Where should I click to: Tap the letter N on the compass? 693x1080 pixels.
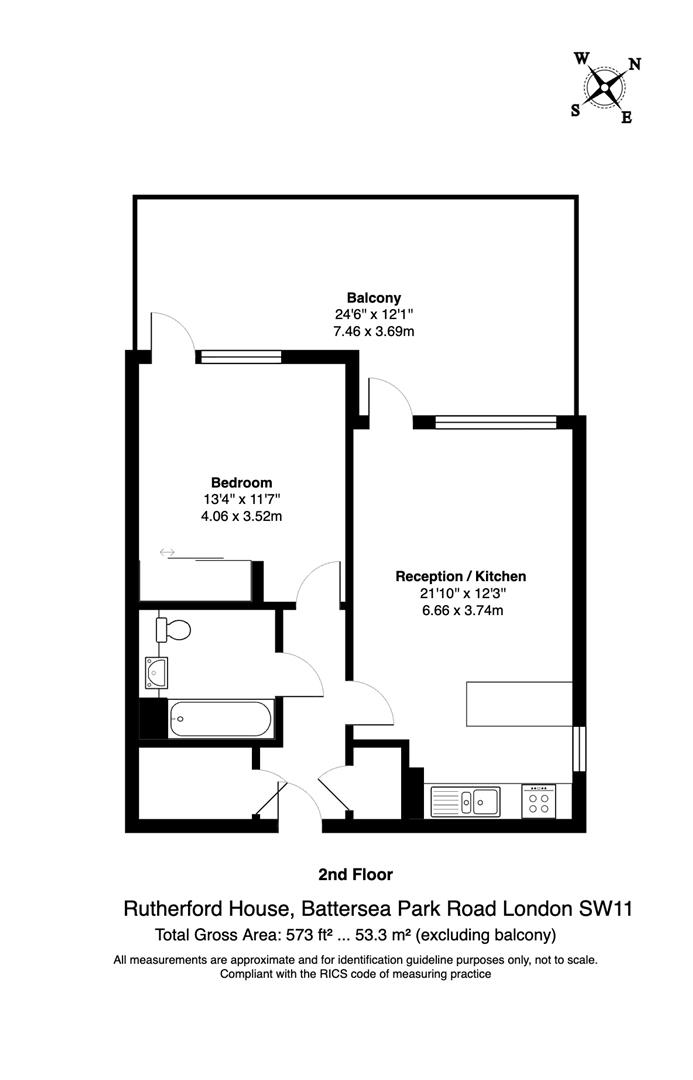click(634, 65)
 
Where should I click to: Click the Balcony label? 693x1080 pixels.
click(374, 297)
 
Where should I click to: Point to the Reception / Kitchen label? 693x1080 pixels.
click(460, 576)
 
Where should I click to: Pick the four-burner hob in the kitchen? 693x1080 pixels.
click(540, 801)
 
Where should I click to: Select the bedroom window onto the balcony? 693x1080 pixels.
click(239, 354)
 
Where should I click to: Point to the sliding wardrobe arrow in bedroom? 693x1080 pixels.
click(167, 551)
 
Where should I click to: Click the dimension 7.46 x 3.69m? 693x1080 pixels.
click(374, 330)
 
